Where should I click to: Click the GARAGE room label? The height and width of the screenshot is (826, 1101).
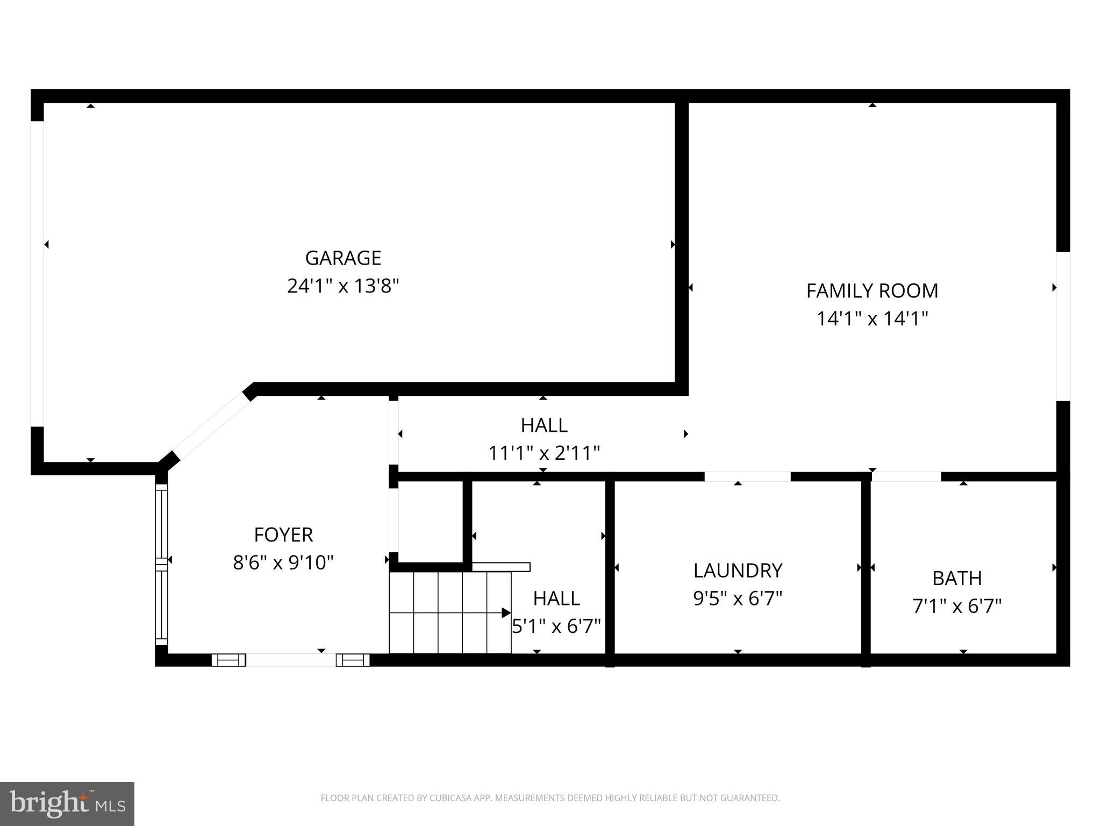[x=343, y=258]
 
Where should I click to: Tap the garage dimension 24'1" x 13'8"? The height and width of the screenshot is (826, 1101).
[x=343, y=286]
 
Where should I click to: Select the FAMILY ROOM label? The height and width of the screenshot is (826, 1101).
[x=872, y=291]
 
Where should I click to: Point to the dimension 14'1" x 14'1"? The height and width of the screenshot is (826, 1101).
[x=872, y=319]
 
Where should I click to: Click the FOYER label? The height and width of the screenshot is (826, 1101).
[x=283, y=535]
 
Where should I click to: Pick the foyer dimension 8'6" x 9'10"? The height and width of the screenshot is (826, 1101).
[x=283, y=563]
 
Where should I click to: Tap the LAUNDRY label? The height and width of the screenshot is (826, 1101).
[x=738, y=571]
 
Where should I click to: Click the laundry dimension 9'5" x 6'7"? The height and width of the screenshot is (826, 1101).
[x=738, y=599]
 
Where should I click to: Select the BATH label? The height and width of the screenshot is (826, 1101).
[x=957, y=579]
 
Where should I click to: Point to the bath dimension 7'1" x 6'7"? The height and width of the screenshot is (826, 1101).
[x=957, y=607]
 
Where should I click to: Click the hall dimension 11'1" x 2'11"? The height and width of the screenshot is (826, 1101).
[x=544, y=453]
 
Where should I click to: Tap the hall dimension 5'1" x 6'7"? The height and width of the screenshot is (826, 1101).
[x=556, y=626]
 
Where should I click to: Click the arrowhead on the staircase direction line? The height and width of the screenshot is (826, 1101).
[x=505, y=613]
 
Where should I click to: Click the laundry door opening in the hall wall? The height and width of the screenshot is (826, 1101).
[x=747, y=476]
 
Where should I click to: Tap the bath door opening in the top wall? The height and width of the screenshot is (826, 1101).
[x=906, y=476]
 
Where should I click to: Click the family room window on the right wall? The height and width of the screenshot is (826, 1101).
[x=1063, y=326]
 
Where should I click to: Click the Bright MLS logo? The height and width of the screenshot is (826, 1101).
[x=67, y=803]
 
